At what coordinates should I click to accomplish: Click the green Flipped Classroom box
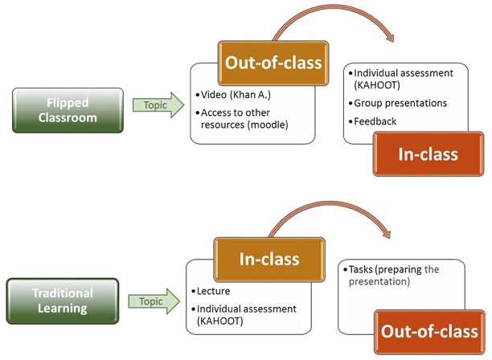coord(68,110)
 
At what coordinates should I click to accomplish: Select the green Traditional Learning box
coord(63,301)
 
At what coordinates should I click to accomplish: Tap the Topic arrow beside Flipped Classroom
coord(158,105)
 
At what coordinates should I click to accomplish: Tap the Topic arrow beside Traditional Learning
coord(154,301)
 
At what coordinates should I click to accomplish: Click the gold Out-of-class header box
coord(273,63)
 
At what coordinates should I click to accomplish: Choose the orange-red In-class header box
coord(428,154)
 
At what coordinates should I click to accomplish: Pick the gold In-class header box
coord(269,260)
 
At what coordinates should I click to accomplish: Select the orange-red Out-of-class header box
coord(429,332)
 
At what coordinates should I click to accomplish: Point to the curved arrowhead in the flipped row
coord(390,37)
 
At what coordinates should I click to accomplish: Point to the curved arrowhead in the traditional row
coord(387,233)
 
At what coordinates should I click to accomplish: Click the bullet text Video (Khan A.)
coord(236,95)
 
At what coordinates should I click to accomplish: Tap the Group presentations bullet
coord(400,103)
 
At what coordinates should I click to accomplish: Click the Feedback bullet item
coord(375,121)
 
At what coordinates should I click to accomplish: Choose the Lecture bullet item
coord(213,291)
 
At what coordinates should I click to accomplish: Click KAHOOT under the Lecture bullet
coord(220,321)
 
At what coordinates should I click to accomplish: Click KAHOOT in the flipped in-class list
coord(377,85)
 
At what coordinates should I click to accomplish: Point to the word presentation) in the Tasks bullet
coord(379,281)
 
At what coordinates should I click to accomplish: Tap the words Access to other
coord(236,112)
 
